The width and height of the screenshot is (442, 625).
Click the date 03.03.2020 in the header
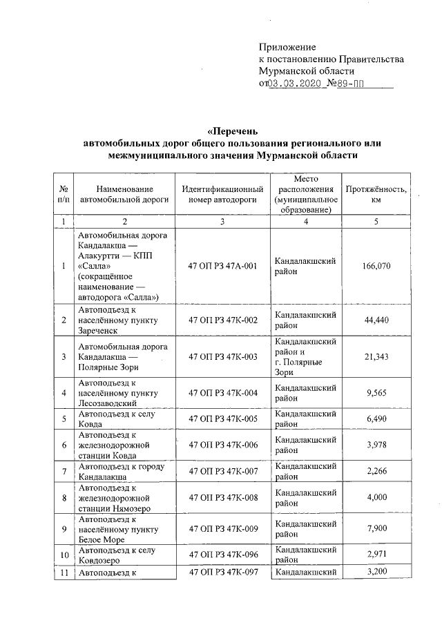[x=294, y=84]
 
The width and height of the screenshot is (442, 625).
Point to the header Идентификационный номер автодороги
[x=223, y=194]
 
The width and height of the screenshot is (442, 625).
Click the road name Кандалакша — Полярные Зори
[x=124, y=356]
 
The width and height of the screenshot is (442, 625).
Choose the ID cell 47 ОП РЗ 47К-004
[x=223, y=392]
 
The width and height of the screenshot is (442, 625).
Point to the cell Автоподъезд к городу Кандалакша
[x=124, y=472]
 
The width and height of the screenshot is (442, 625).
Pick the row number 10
[x=64, y=555]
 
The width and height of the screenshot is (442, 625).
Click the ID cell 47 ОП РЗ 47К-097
[x=223, y=573]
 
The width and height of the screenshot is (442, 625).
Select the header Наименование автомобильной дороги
[x=124, y=194]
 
